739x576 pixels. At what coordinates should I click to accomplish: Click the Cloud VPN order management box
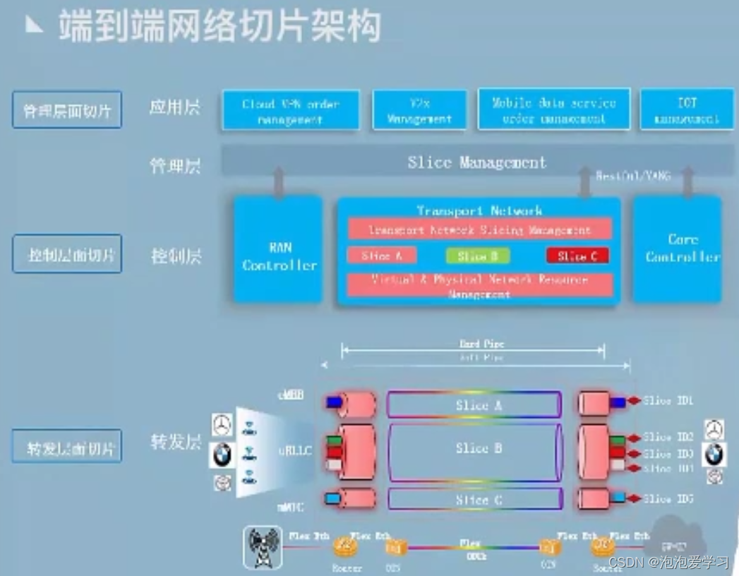(x=291, y=110)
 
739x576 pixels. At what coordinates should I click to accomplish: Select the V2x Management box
(x=419, y=110)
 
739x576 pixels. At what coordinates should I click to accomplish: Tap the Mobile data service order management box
(x=554, y=109)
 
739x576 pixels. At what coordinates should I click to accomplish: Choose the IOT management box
(x=686, y=109)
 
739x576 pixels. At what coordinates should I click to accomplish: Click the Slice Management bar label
(x=477, y=162)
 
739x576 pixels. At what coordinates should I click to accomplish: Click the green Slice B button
(x=478, y=256)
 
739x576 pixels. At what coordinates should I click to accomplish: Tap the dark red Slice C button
(x=577, y=256)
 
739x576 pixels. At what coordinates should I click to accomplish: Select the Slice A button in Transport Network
(x=381, y=256)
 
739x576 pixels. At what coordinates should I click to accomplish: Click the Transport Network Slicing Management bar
(x=479, y=229)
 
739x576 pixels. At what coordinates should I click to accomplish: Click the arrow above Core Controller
(x=687, y=181)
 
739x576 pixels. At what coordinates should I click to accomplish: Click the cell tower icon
(x=263, y=547)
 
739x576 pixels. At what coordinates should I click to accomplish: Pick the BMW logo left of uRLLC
(x=222, y=455)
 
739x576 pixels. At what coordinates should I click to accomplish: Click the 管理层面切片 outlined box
(x=67, y=110)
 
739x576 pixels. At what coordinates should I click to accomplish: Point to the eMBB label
(x=290, y=395)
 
